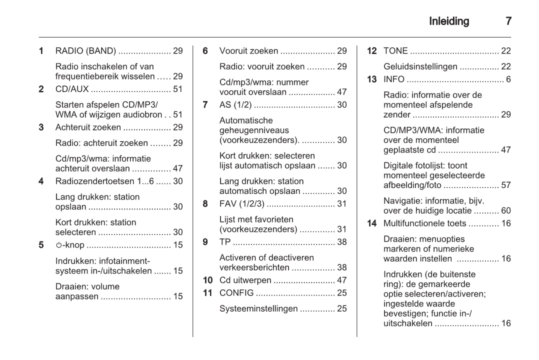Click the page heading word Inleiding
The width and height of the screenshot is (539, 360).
point(449,21)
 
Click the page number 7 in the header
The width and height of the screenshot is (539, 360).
point(508,21)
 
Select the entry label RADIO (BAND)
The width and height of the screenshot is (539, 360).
point(85,51)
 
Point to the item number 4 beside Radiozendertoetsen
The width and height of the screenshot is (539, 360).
point(41,181)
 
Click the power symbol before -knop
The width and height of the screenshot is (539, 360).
point(58,245)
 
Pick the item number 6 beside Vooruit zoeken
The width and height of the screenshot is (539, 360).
point(205,51)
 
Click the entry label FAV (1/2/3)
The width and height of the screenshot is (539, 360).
point(242,203)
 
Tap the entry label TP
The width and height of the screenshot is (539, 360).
point(225,242)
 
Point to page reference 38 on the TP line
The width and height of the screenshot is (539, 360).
point(341,242)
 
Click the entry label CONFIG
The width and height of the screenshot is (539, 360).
point(236,293)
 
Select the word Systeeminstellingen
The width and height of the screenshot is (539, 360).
point(258,309)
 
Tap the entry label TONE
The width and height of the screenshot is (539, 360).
point(395,51)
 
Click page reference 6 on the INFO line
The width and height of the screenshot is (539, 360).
point(508,79)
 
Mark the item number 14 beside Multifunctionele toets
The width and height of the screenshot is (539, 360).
point(372,223)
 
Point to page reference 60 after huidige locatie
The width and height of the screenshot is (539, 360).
point(505,211)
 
